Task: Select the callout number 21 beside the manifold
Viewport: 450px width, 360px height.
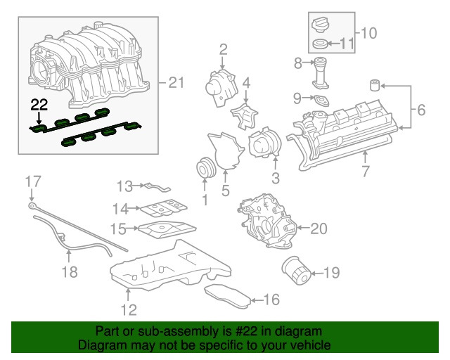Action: click(175, 83)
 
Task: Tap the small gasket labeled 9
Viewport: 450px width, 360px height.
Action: click(321, 101)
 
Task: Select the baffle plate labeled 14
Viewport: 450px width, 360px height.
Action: click(161, 207)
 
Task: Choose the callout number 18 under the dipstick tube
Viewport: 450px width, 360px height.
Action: click(68, 271)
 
